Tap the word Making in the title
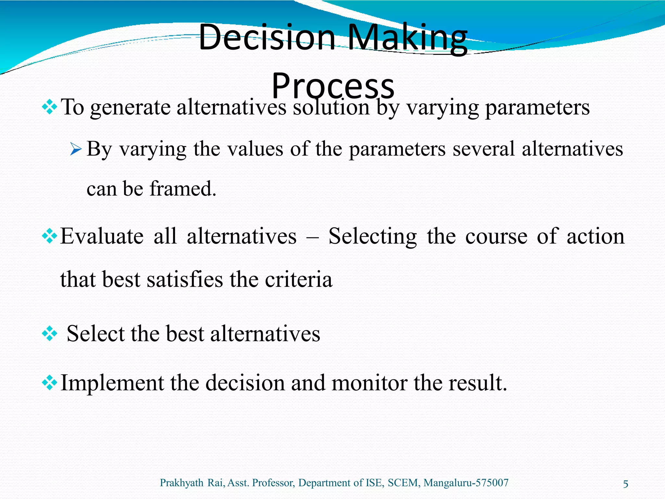407,38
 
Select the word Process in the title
333,86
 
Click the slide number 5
625,484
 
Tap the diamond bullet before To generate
50,107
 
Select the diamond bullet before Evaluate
50,236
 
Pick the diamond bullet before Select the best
50,334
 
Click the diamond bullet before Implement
50,383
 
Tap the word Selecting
372,237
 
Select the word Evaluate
102,236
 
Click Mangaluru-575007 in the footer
466,483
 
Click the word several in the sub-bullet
483,149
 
